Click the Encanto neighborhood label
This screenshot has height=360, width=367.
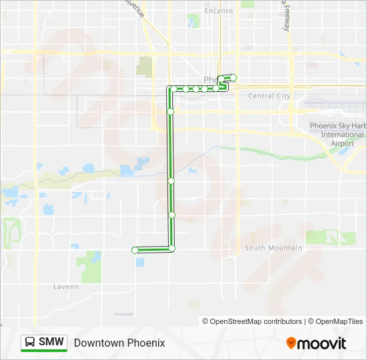tap(219, 11)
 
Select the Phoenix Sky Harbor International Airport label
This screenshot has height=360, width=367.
tap(338, 135)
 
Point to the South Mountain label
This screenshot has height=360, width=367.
tap(274, 248)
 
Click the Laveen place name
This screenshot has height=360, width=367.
tap(66, 287)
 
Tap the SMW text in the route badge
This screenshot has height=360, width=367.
tap(51, 342)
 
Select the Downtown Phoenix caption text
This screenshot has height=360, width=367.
tap(119, 343)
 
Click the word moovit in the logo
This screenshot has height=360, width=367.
tap(322, 343)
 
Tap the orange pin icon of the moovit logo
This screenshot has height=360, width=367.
tap(291, 343)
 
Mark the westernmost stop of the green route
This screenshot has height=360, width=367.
tap(135, 250)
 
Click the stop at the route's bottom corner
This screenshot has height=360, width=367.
tap(171, 249)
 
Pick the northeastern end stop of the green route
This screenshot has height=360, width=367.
tap(233, 78)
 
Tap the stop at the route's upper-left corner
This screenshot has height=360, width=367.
tap(173, 89)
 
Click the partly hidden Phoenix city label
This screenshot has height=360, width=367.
tap(210, 80)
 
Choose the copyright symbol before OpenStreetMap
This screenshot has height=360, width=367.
tap(206, 321)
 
